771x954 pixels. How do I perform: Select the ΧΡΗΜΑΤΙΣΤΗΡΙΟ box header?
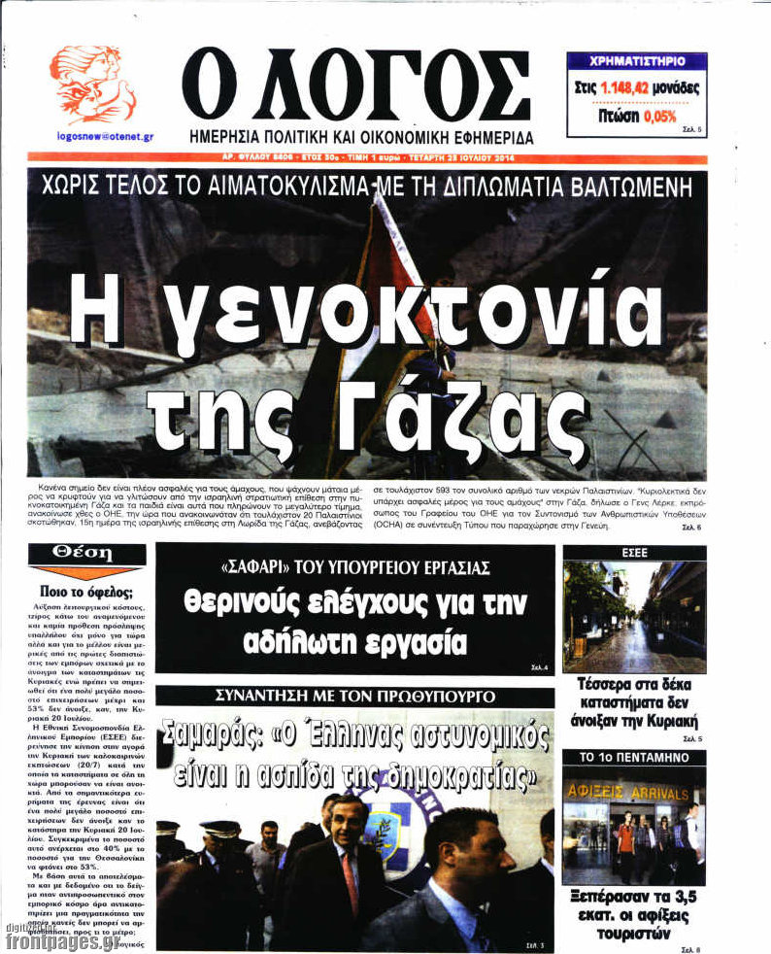click(x=636, y=60)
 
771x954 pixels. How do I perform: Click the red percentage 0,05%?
click(x=659, y=117)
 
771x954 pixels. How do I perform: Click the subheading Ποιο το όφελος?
click(x=86, y=591)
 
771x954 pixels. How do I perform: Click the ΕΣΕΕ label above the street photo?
click(x=633, y=552)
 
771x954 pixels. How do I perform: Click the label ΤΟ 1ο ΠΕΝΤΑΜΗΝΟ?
click(x=633, y=756)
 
